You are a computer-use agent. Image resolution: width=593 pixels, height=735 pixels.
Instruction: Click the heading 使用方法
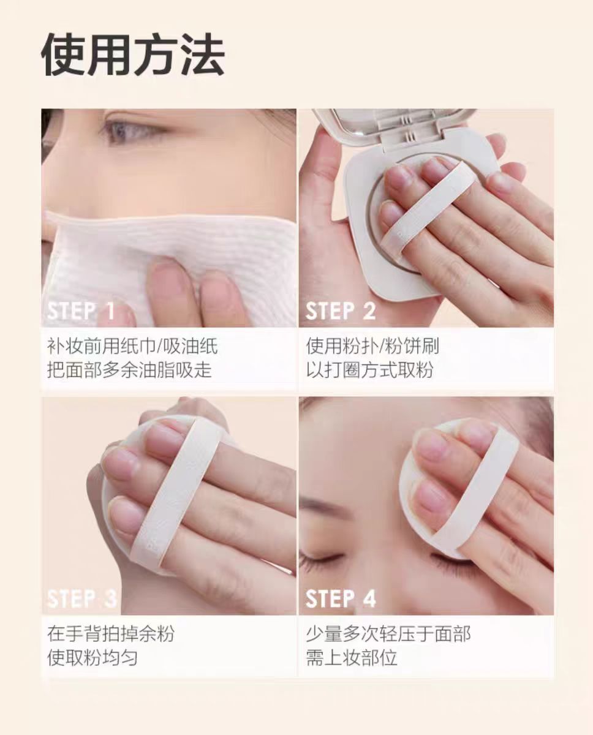[x=133, y=56]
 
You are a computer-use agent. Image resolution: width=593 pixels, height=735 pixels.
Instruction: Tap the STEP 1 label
[x=81, y=311]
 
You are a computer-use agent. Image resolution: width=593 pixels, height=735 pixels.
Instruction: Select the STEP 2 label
[x=341, y=311]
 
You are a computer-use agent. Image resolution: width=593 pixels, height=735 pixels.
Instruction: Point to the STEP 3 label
[x=81, y=598]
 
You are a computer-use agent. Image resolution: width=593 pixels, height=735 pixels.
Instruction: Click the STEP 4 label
[x=341, y=598]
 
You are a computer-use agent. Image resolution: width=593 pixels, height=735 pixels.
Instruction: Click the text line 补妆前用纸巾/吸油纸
[x=132, y=346]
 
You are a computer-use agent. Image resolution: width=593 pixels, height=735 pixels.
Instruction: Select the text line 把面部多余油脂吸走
[x=129, y=371]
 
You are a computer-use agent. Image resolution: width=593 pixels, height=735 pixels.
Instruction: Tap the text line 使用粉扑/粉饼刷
[x=372, y=346]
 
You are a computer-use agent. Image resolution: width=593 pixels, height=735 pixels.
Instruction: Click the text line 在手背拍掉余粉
[x=111, y=633]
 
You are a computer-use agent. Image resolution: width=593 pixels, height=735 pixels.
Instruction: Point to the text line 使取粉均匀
[x=93, y=658]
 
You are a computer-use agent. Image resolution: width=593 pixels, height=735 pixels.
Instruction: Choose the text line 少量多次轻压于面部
[x=388, y=633]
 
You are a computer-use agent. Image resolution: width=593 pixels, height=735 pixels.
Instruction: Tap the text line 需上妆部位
[x=352, y=658]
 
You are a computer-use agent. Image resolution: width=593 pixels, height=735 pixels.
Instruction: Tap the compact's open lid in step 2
[x=392, y=126]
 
